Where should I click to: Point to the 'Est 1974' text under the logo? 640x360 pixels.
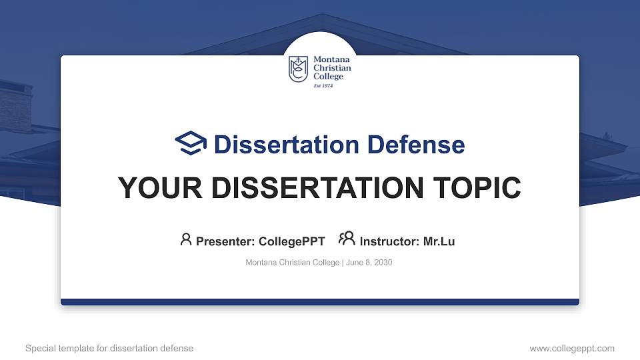pos(323,86)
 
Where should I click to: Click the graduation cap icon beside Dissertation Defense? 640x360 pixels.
pos(191,144)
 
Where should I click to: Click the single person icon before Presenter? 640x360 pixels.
pos(186,239)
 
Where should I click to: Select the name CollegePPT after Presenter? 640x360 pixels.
pos(292,241)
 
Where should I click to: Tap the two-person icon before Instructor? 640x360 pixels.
pos(346,239)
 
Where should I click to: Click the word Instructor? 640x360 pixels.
pos(390,241)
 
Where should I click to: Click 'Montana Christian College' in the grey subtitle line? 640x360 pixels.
pos(293,263)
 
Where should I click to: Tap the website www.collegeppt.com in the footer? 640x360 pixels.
pos(571,348)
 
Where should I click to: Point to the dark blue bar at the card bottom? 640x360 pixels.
pos(320,302)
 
